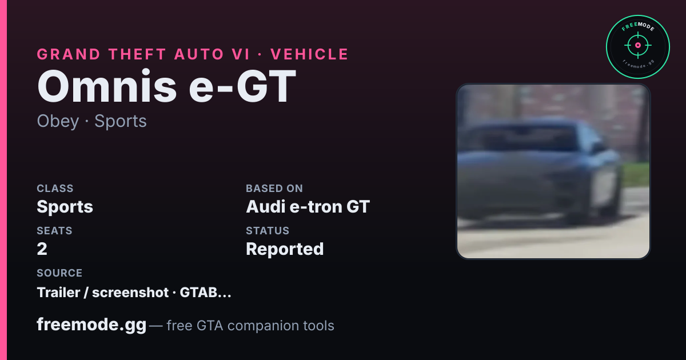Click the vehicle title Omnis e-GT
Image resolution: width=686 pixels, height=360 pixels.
[x=166, y=87]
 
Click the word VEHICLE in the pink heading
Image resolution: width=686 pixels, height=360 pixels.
[x=309, y=54]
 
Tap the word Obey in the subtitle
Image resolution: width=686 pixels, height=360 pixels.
[x=58, y=121]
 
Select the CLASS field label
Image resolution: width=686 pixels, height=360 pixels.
[x=55, y=188]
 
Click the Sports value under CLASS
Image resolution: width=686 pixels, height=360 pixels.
[x=65, y=207]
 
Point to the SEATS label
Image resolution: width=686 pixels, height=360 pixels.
[x=54, y=230]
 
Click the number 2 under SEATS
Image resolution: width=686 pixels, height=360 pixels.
[x=42, y=249]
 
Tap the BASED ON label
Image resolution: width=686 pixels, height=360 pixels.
[x=274, y=188]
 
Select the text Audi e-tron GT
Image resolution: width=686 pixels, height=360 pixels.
[x=308, y=207]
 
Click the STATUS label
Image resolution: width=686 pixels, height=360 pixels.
[x=268, y=230]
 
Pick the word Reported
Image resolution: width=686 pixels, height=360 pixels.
[x=285, y=249]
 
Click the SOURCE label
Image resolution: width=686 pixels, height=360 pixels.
[x=59, y=273]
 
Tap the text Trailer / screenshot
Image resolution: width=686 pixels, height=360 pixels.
[x=102, y=293]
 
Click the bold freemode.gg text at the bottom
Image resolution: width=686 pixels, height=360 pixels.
[x=91, y=325]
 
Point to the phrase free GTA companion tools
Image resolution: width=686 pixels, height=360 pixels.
[x=250, y=325]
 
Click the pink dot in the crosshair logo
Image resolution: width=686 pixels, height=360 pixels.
[x=638, y=45]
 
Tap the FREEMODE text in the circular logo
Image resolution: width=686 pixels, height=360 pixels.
[x=638, y=27]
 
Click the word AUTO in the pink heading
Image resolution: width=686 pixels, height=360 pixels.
[x=199, y=54]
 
